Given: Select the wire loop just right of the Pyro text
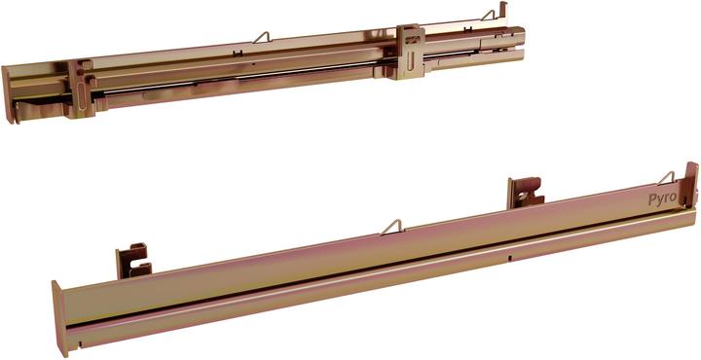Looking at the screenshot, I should (667, 178).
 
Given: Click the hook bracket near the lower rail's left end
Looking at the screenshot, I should (132, 262).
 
